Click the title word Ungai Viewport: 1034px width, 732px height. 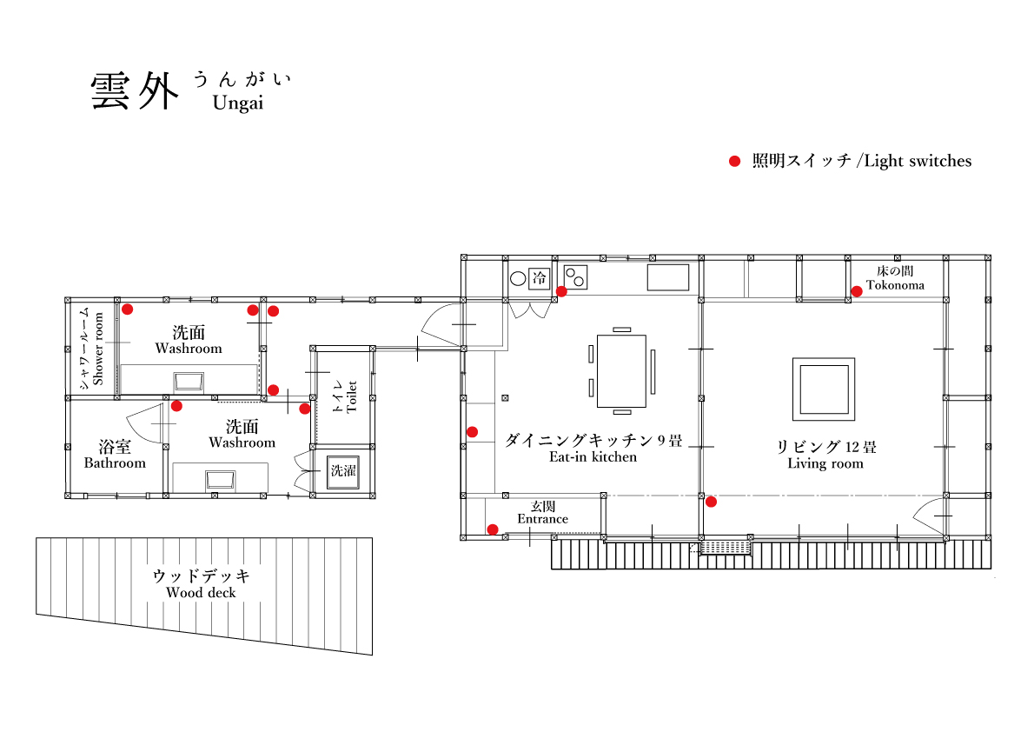[x=238, y=103]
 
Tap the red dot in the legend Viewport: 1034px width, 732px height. [x=734, y=161]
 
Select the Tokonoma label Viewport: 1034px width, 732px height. [x=895, y=285]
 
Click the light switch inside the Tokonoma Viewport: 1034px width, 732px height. [x=857, y=291]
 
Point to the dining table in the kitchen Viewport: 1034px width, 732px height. [x=621, y=370]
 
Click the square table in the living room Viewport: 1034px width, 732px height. [x=824, y=389]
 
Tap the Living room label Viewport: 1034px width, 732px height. [x=825, y=463]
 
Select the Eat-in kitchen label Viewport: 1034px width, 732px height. [x=593, y=456]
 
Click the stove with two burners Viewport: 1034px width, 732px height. [x=575, y=277]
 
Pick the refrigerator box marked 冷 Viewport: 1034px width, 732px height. [x=540, y=278]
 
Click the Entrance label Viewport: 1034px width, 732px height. [x=543, y=519]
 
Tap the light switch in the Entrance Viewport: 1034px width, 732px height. [x=493, y=529]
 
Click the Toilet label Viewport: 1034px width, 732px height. [x=352, y=396]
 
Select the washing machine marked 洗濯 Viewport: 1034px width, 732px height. [x=343, y=471]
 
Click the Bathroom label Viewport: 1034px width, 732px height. [x=115, y=463]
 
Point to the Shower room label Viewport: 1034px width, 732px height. [x=98, y=349]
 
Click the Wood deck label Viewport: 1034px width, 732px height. [x=201, y=593]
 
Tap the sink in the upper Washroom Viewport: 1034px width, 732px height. [x=189, y=382]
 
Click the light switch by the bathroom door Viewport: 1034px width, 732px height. [x=176, y=406]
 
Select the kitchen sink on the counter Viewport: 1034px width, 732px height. [x=668, y=277]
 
